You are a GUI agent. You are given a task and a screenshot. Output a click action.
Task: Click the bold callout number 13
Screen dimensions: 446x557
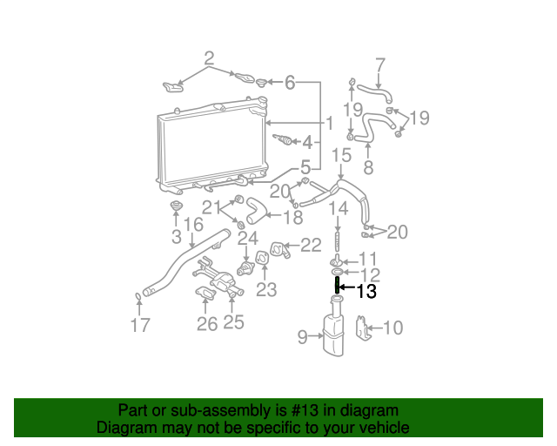pyautogui.click(x=366, y=292)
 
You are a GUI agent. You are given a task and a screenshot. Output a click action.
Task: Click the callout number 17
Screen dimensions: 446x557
pyautogui.click(x=140, y=325)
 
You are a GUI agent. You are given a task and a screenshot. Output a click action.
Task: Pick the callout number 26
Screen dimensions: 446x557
pyautogui.click(x=206, y=324)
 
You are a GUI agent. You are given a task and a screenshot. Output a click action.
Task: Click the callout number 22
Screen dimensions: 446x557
pyautogui.click(x=311, y=246)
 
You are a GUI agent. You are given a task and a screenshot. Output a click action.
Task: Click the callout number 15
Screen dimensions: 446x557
pyautogui.click(x=341, y=155)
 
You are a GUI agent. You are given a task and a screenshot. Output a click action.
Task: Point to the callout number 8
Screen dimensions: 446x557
pyautogui.click(x=368, y=167)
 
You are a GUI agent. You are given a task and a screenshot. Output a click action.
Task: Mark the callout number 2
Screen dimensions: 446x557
pyautogui.click(x=209, y=59)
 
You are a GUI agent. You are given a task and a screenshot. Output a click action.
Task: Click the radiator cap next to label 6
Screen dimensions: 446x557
pyautogui.click(x=261, y=84)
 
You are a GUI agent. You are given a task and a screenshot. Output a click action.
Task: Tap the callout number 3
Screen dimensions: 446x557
pyautogui.click(x=176, y=236)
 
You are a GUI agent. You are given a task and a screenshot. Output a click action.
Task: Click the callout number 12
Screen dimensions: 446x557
pyautogui.click(x=369, y=274)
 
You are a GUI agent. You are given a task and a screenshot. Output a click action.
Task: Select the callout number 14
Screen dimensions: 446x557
pyautogui.click(x=339, y=208)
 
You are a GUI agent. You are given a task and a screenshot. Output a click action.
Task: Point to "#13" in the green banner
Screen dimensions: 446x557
pyautogui.click(x=295, y=410)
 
